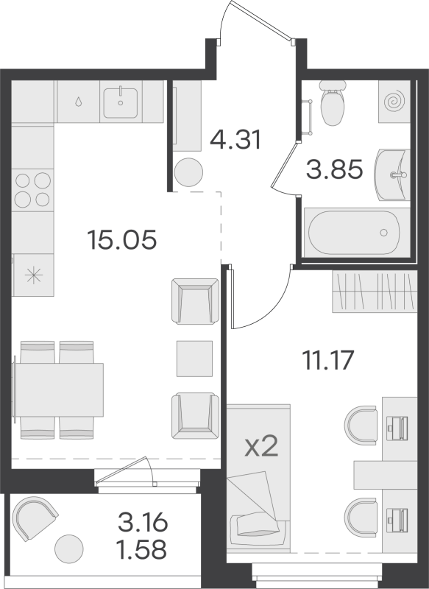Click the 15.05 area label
[121, 239]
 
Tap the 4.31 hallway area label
[235, 139]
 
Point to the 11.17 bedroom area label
[329, 360]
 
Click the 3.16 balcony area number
[143, 524]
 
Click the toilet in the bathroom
[332, 104]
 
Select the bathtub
[358, 231]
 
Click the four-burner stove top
[32, 189]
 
